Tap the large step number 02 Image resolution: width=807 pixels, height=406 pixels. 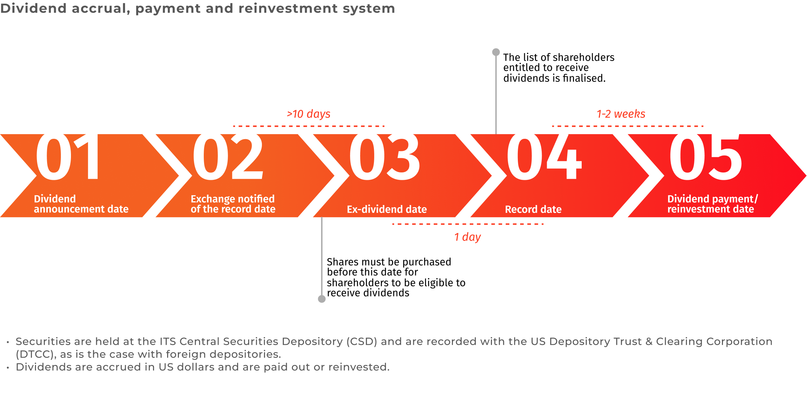click(x=228, y=157)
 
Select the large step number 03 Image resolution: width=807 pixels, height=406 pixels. click(x=384, y=157)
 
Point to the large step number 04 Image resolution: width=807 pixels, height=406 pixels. click(x=544, y=157)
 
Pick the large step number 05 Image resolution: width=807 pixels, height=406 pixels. click(x=705, y=157)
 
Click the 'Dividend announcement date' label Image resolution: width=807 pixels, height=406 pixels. click(x=81, y=204)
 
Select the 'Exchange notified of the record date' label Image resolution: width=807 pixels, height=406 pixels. click(x=233, y=204)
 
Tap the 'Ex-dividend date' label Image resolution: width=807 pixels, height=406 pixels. click(x=387, y=209)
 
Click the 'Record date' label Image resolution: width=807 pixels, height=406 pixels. click(x=533, y=209)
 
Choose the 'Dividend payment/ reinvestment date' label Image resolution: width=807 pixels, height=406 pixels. click(x=713, y=204)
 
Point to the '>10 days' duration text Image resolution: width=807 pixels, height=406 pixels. click(x=309, y=114)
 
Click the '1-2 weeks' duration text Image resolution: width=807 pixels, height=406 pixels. click(x=621, y=114)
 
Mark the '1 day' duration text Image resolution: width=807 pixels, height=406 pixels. click(x=467, y=237)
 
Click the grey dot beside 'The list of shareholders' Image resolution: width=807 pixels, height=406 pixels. click(x=496, y=52)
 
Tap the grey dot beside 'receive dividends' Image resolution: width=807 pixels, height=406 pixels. click(x=322, y=299)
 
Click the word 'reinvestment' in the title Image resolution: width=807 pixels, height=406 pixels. click(x=288, y=8)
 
